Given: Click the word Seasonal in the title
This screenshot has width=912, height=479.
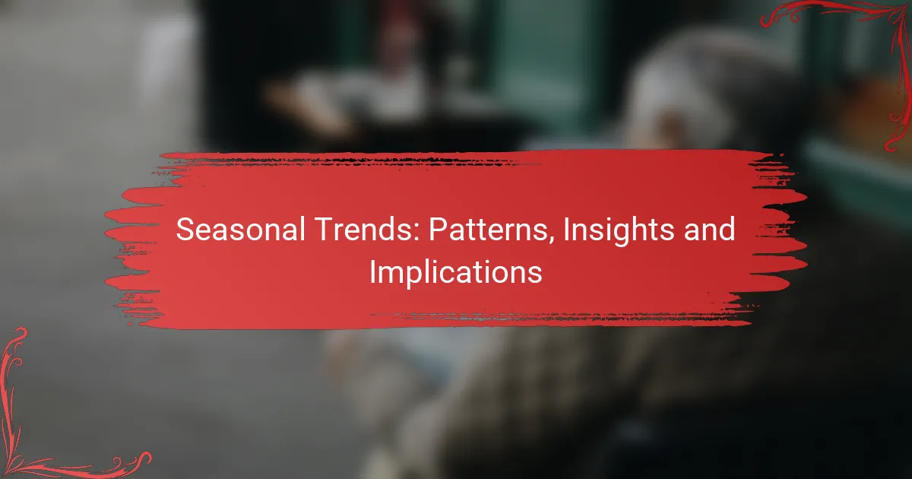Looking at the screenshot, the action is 241,230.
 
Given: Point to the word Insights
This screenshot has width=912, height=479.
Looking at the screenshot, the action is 619,231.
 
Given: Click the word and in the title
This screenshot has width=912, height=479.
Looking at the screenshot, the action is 709,230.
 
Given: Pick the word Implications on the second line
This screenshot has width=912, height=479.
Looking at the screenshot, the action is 456,274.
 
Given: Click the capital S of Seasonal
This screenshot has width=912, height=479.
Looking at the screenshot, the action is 185,230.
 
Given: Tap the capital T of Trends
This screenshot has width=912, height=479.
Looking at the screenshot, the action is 324,230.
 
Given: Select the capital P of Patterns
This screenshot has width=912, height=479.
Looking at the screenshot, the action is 439,230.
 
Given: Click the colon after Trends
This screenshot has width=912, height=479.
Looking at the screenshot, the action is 416,233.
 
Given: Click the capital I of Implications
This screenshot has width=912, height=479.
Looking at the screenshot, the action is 372,272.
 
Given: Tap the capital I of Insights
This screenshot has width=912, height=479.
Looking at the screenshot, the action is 566,230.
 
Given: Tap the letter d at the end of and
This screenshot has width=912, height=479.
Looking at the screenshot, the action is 727,230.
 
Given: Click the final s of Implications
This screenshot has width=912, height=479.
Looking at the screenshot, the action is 534,276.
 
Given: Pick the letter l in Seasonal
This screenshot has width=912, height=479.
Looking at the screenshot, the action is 303,230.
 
